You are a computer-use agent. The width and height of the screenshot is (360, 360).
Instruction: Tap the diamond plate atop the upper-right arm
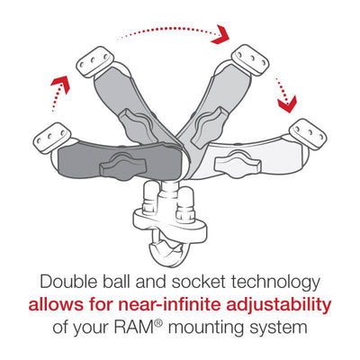[x=250, y=60]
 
